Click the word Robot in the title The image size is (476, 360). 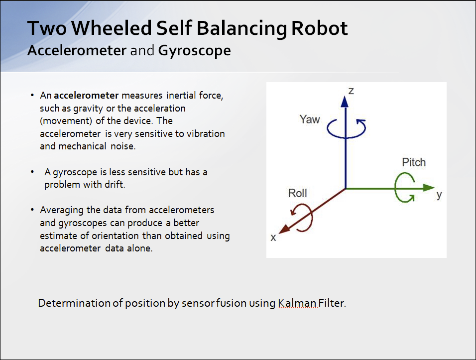tap(319, 28)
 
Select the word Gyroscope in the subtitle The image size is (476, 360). tap(195, 50)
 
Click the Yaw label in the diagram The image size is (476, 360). tap(310, 120)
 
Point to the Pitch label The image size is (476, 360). tap(414, 162)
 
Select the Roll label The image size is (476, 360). tap(298, 193)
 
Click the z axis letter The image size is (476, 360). tap(351, 91)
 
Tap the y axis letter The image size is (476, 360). tap(439, 195)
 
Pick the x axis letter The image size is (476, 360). tap(273, 238)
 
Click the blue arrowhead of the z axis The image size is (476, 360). tap(344, 101)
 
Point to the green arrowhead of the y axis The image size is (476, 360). tap(429, 188)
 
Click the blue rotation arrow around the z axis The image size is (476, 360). tap(346, 127)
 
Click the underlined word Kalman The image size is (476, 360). tap(298, 303)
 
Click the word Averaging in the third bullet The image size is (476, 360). tap(61, 210)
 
